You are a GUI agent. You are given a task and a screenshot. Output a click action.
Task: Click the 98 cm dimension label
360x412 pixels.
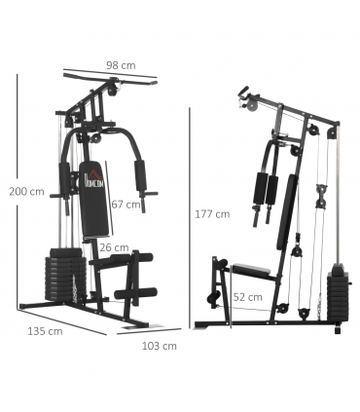pos(121,65)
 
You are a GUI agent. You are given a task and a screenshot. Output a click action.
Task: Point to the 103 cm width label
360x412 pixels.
pos(160,345)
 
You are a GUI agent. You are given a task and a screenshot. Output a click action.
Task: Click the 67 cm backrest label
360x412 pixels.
pos(126,205)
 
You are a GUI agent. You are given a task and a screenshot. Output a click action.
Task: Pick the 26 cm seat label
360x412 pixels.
pos(114,247)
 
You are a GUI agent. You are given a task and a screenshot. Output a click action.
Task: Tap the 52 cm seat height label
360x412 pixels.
pos(247,296)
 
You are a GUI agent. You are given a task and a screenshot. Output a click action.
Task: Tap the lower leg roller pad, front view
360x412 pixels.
pos(132,292)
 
